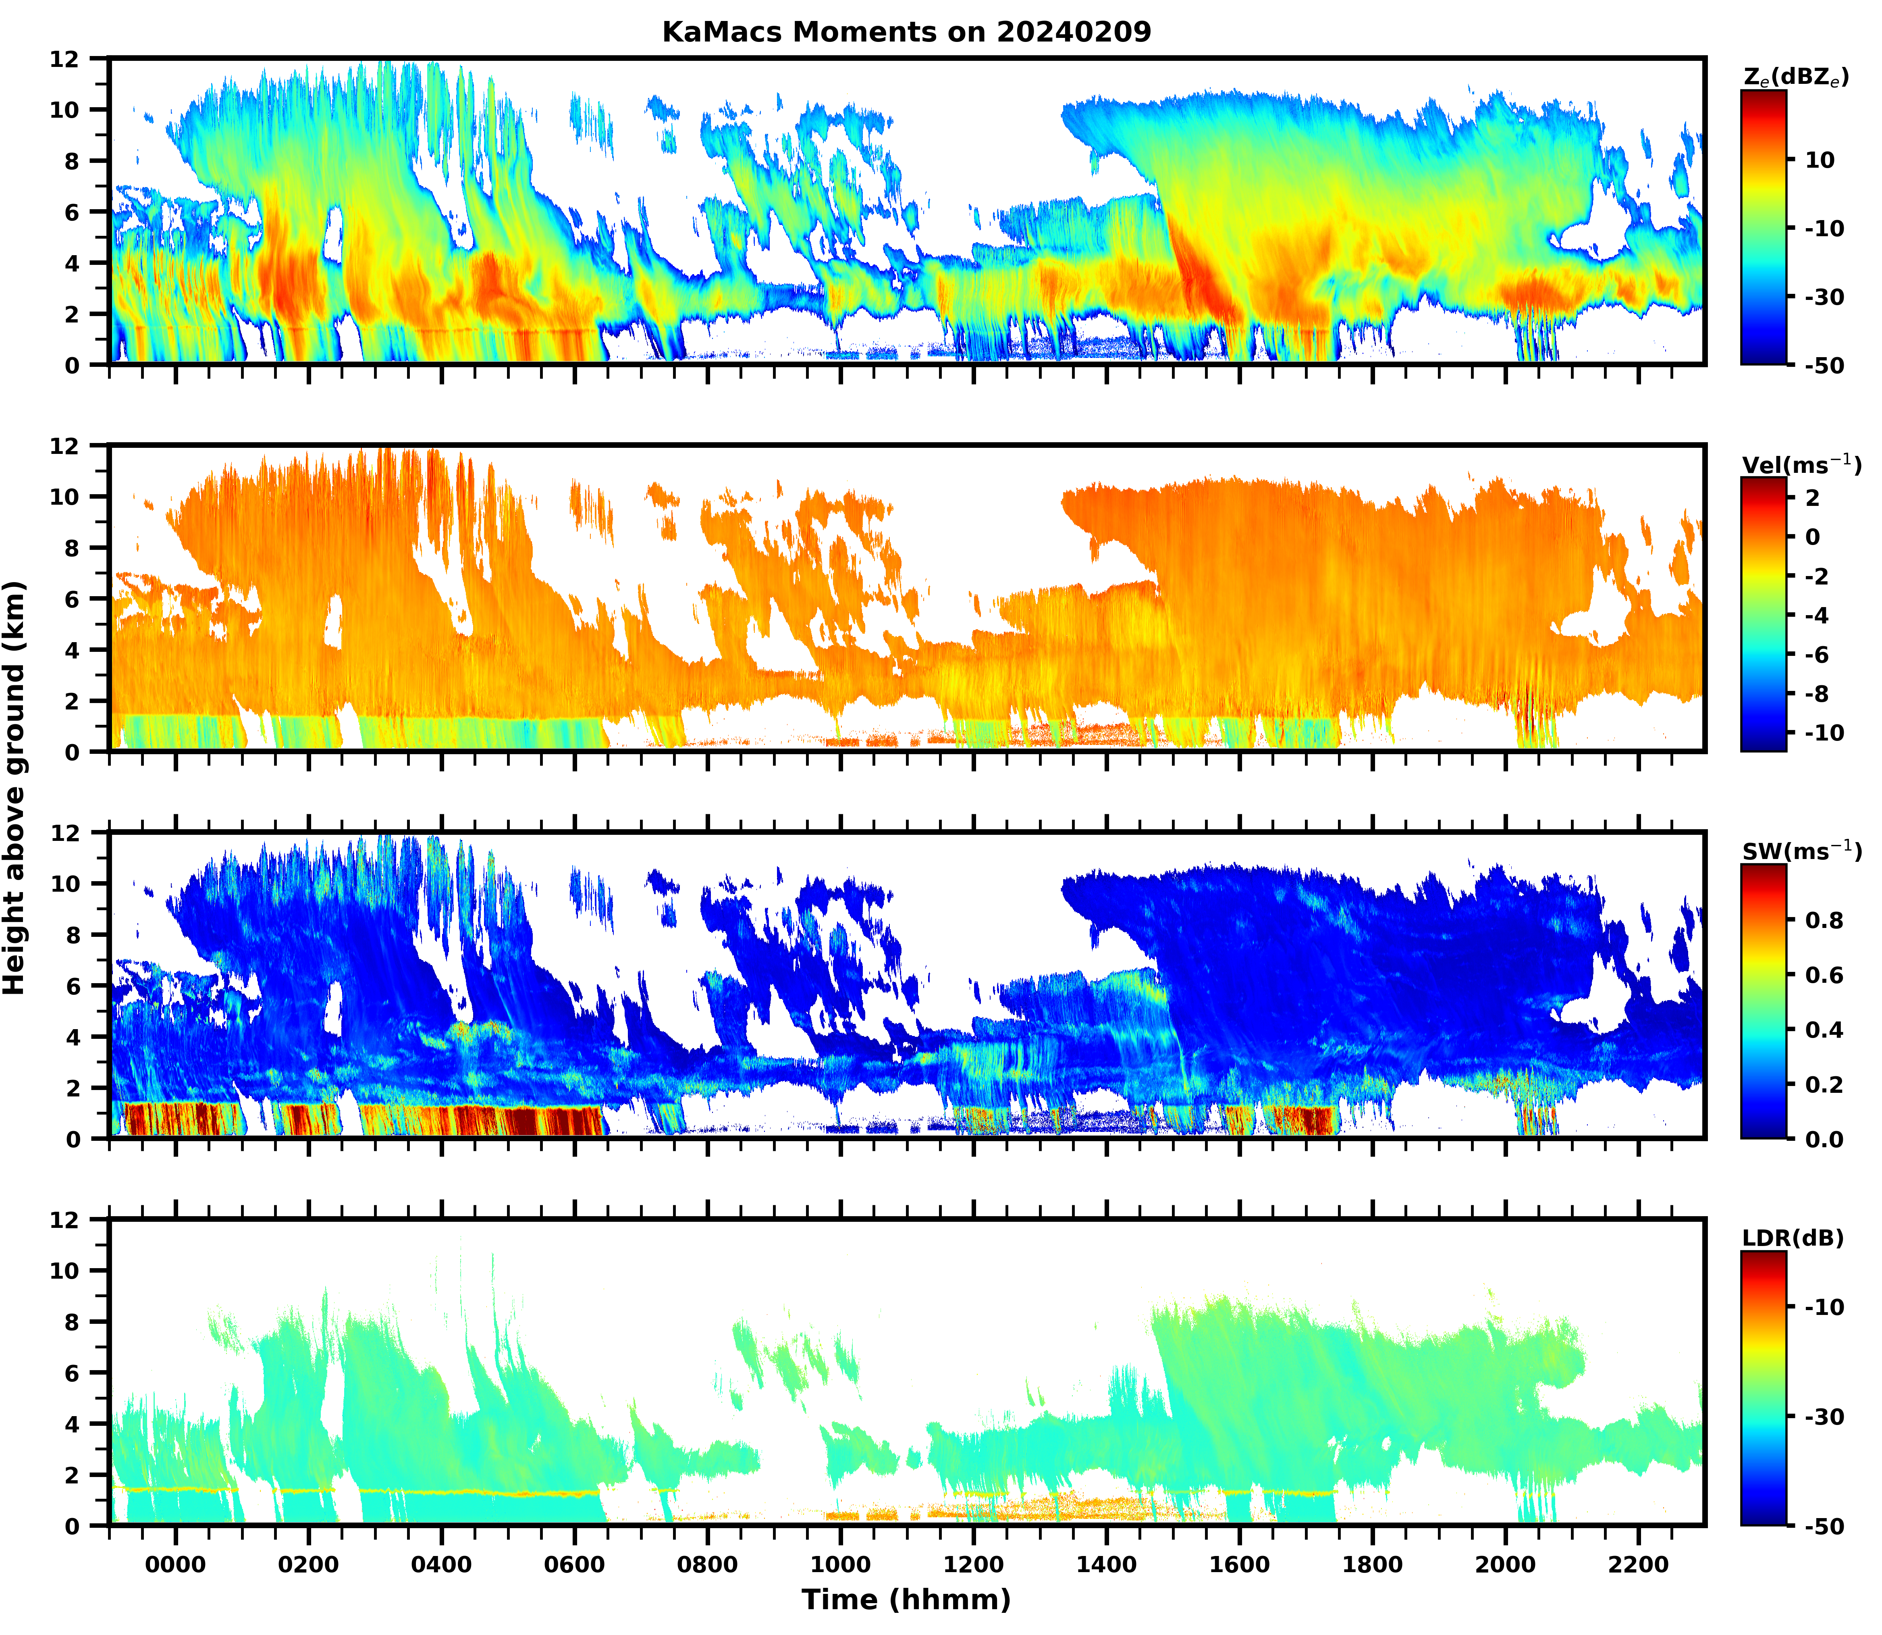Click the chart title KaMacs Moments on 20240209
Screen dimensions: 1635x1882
point(906,32)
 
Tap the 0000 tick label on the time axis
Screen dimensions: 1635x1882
point(176,1566)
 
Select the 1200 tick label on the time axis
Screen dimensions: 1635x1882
point(973,1566)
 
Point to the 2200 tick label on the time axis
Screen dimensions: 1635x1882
point(1639,1566)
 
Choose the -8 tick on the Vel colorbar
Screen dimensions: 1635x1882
point(1824,693)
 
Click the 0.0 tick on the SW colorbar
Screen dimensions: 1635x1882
point(1824,1139)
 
